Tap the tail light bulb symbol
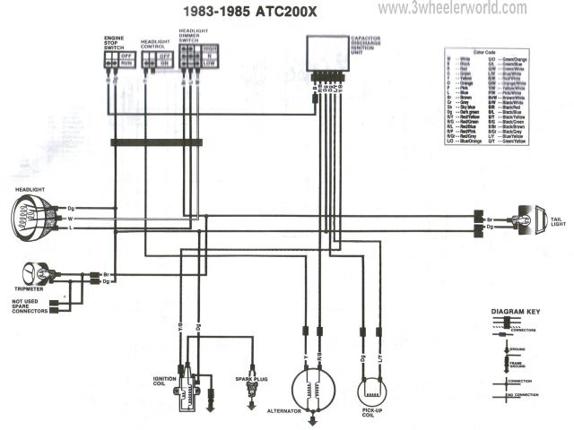coord(528,221)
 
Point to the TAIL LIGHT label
coord(557,221)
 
